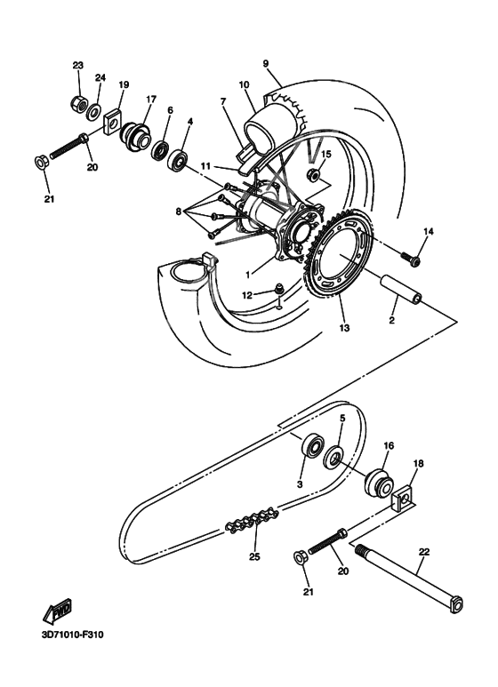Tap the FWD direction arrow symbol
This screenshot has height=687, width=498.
click(x=58, y=611)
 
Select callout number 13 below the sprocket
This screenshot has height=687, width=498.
click(x=343, y=327)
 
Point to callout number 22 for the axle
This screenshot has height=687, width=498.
click(x=424, y=552)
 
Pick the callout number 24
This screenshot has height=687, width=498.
click(x=100, y=78)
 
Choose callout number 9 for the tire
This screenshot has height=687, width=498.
click(x=265, y=63)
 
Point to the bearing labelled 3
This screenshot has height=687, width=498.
click(x=313, y=445)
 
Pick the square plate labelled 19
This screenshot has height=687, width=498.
click(x=113, y=120)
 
